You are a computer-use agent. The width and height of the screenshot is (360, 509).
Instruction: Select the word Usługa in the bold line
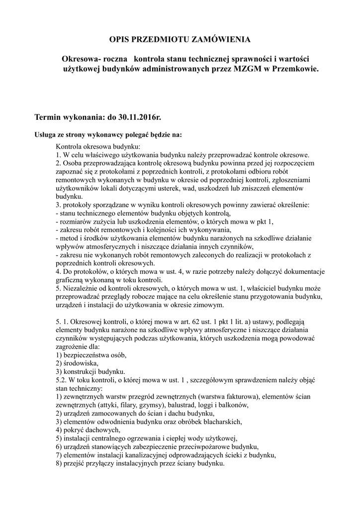coord(45,135)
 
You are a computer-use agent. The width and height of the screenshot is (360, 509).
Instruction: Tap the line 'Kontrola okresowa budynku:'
coord(98,147)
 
